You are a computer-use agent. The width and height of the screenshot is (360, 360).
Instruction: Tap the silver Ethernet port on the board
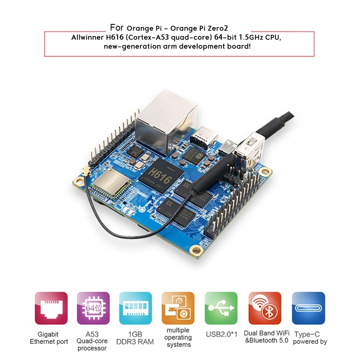(166, 121)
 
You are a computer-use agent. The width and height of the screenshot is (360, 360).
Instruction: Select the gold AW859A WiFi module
(112, 183)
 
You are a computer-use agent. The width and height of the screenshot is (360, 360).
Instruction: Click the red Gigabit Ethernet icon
(51, 308)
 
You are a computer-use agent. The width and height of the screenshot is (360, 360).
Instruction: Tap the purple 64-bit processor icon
(93, 308)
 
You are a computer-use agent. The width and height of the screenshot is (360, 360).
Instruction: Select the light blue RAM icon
(135, 308)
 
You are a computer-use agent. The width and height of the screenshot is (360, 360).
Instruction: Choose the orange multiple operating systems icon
(178, 308)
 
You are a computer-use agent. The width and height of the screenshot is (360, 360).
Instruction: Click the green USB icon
(221, 308)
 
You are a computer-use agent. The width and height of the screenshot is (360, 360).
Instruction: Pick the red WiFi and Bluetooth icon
(265, 308)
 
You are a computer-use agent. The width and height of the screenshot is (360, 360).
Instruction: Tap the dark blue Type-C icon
(308, 308)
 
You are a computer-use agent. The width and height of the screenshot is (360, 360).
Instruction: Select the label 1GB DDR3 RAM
(135, 338)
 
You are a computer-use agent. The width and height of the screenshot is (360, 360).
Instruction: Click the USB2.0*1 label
(221, 334)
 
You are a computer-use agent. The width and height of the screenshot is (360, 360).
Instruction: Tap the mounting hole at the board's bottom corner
(196, 250)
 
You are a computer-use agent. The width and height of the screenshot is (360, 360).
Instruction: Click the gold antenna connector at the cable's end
(85, 171)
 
